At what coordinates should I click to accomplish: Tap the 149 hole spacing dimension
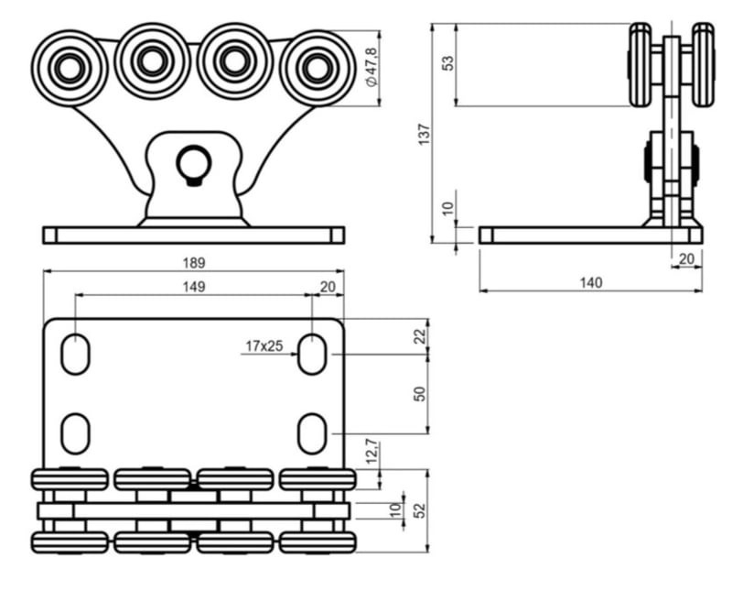pyautogui.click(x=193, y=286)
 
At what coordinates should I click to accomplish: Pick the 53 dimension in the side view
pyautogui.click(x=448, y=65)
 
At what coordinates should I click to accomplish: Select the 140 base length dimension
pyautogui.click(x=591, y=282)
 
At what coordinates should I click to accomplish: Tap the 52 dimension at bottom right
pyautogui.click(x=420, y=509)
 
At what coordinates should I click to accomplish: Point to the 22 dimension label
pyautogui.click(x=420, y=336)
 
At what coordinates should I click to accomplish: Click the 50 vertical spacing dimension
pyautogui.click(x=420, y=393)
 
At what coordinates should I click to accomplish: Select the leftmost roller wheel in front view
pyautogui.click(x=70, y=67)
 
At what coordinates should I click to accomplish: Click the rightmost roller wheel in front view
pyautogui.click(x=317, y=67)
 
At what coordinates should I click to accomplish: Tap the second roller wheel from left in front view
pyautogui.click(x=152, y=61)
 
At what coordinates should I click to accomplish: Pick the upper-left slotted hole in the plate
pyautogui.click(x=75, y=355)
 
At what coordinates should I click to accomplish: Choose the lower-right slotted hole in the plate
pyautogui.click(x=312, y=432)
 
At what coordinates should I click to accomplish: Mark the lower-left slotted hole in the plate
pyautogui.click(x=75, y=432)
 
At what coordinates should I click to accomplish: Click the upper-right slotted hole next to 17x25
pyautogui.click(x=312, y=355)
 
